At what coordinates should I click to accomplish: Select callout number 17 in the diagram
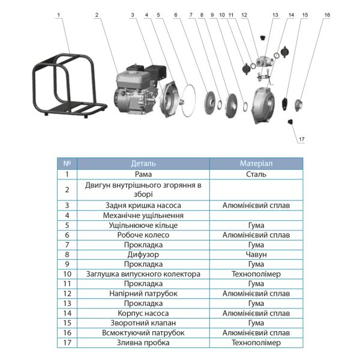[x=301, y=140]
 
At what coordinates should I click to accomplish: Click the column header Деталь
[x=143, y=163]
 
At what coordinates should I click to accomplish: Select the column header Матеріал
[x=256, y=163]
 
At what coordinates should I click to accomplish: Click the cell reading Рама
[x=143, y=174]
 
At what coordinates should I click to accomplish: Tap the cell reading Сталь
[x=256, y=174]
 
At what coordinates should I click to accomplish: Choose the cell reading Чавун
[x=256, y=254]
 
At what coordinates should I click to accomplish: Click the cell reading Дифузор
[x=143, y=254]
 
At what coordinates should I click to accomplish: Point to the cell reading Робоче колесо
[x=143, y=235]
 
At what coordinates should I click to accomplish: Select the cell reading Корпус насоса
[x=143, y=313]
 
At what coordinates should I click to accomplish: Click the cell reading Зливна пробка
[x=143, y=343]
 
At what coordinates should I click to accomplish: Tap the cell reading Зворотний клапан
[x=143, y=323]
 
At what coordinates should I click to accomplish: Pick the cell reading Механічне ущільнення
[x=143, y=215]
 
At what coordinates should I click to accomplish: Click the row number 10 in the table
[x=67, y=274]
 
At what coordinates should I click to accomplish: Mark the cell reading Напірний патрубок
[x=143, y=293]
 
